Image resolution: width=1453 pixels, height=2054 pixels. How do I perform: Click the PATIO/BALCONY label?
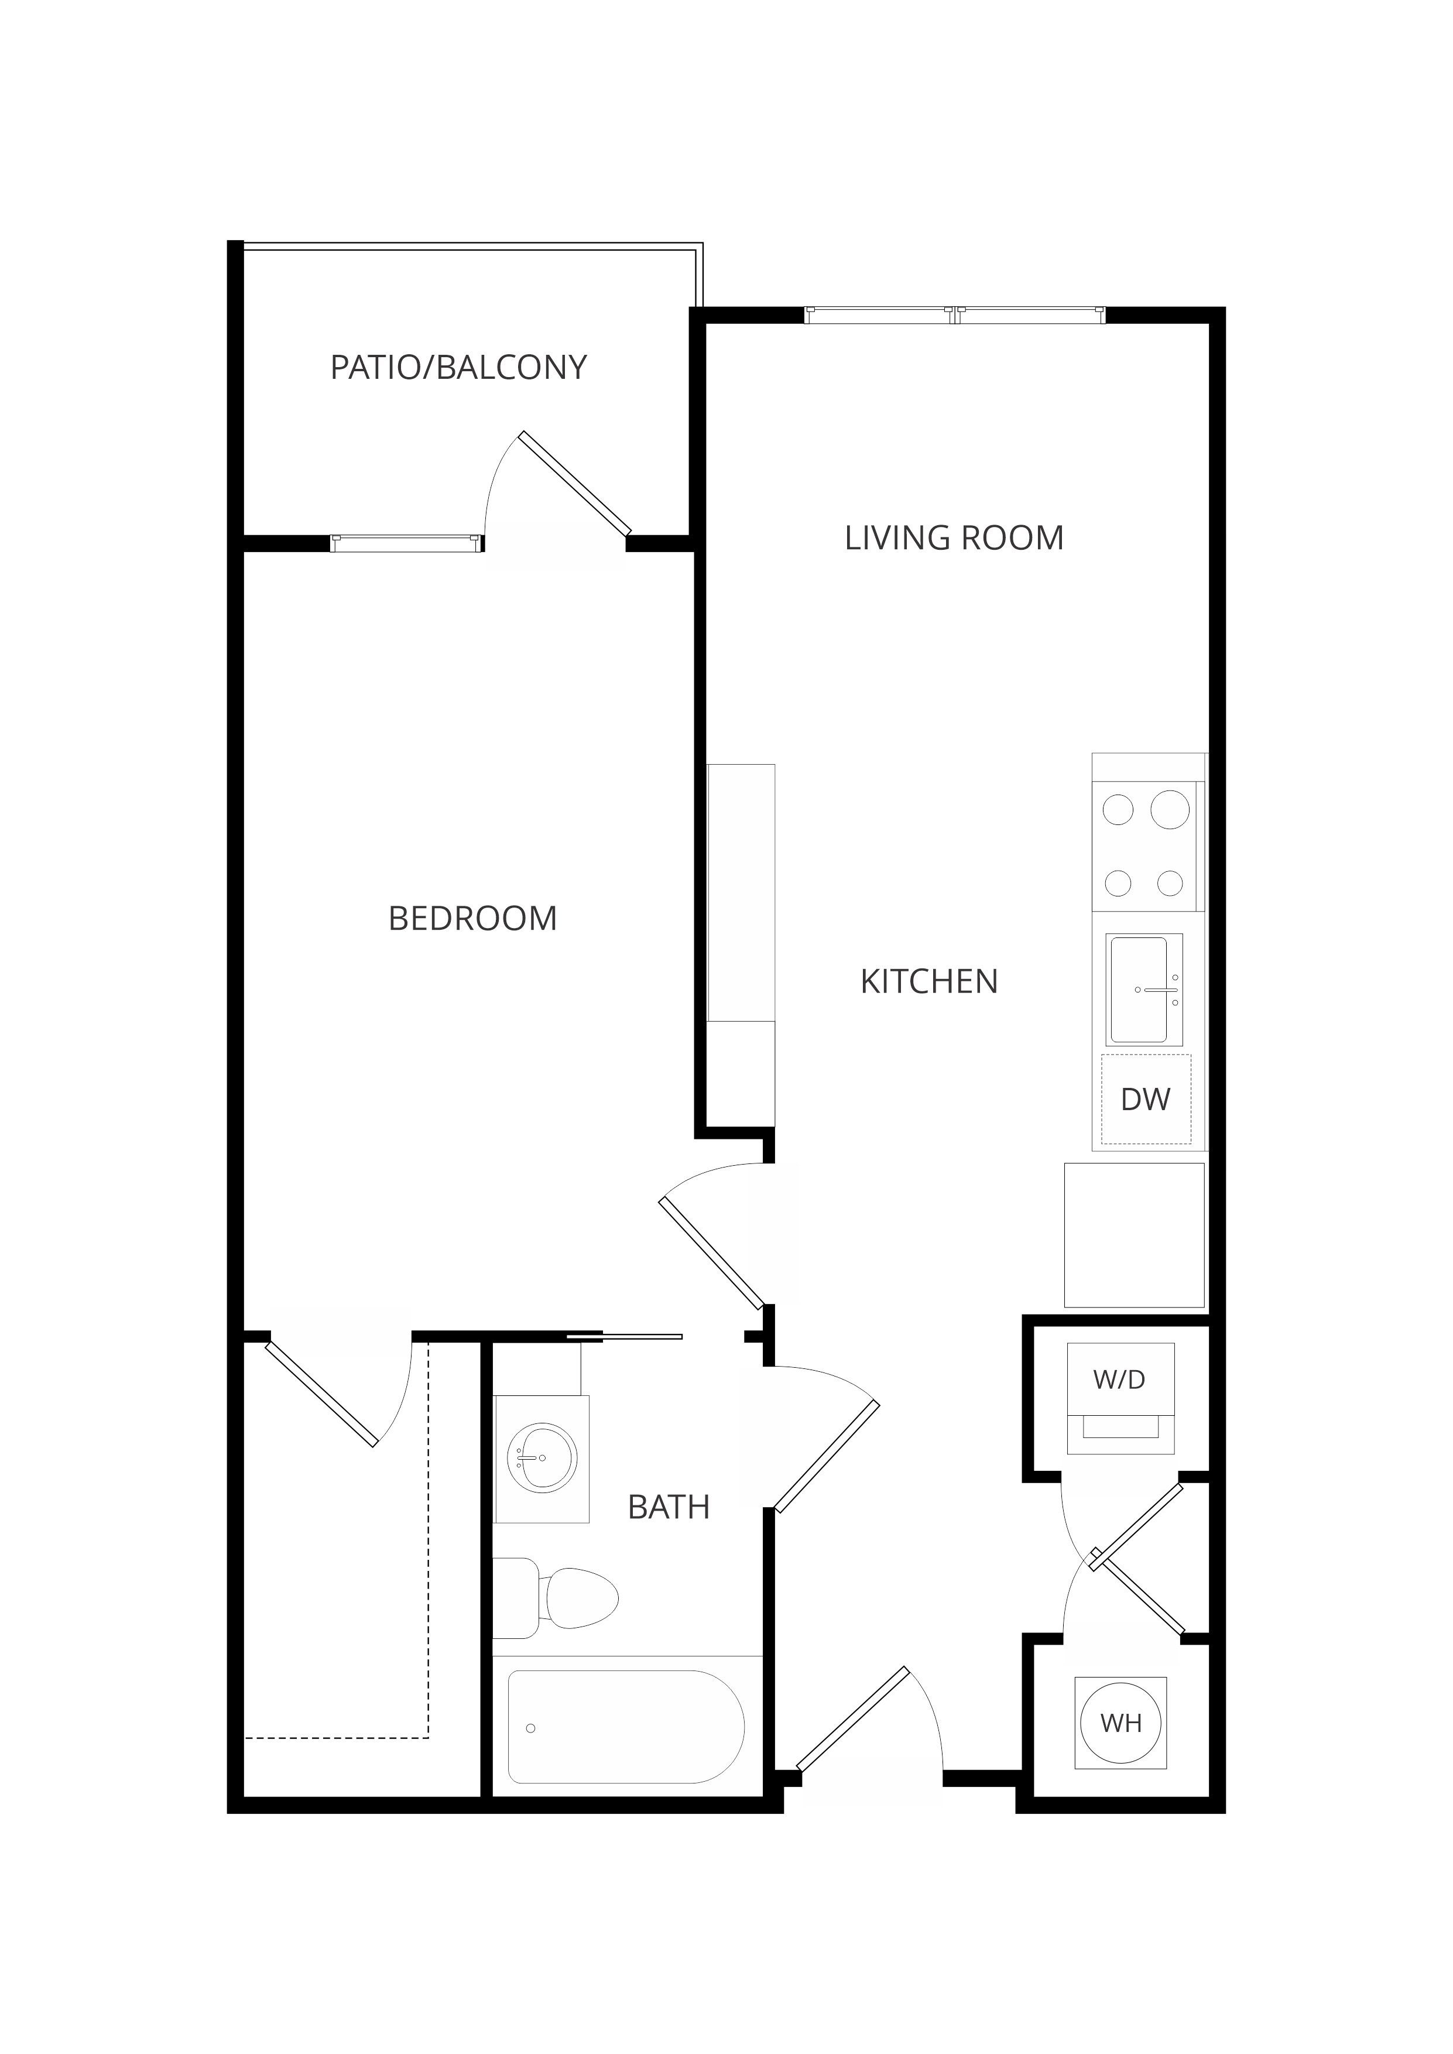click(x=458, y=368)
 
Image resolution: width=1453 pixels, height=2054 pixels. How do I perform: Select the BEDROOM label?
click(x=472, y=919)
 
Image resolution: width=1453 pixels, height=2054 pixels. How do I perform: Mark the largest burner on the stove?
click(x=1170, y=810)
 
